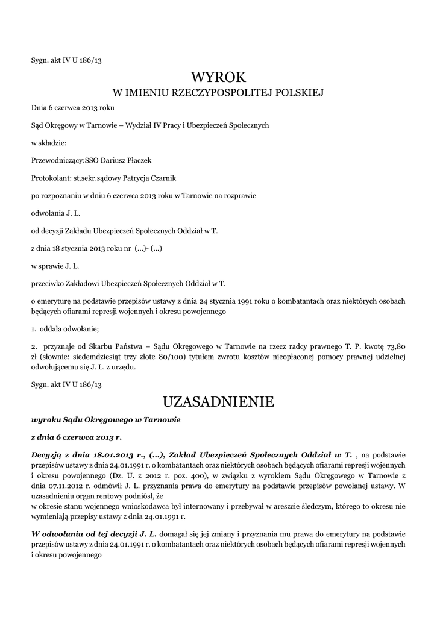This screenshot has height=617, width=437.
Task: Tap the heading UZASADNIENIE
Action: [x=219, y=401]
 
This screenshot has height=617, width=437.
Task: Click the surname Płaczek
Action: [x=139, y=161]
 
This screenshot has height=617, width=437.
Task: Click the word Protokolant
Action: [x=50, y=178]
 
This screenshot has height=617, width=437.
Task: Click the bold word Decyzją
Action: [x=47, y=454]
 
